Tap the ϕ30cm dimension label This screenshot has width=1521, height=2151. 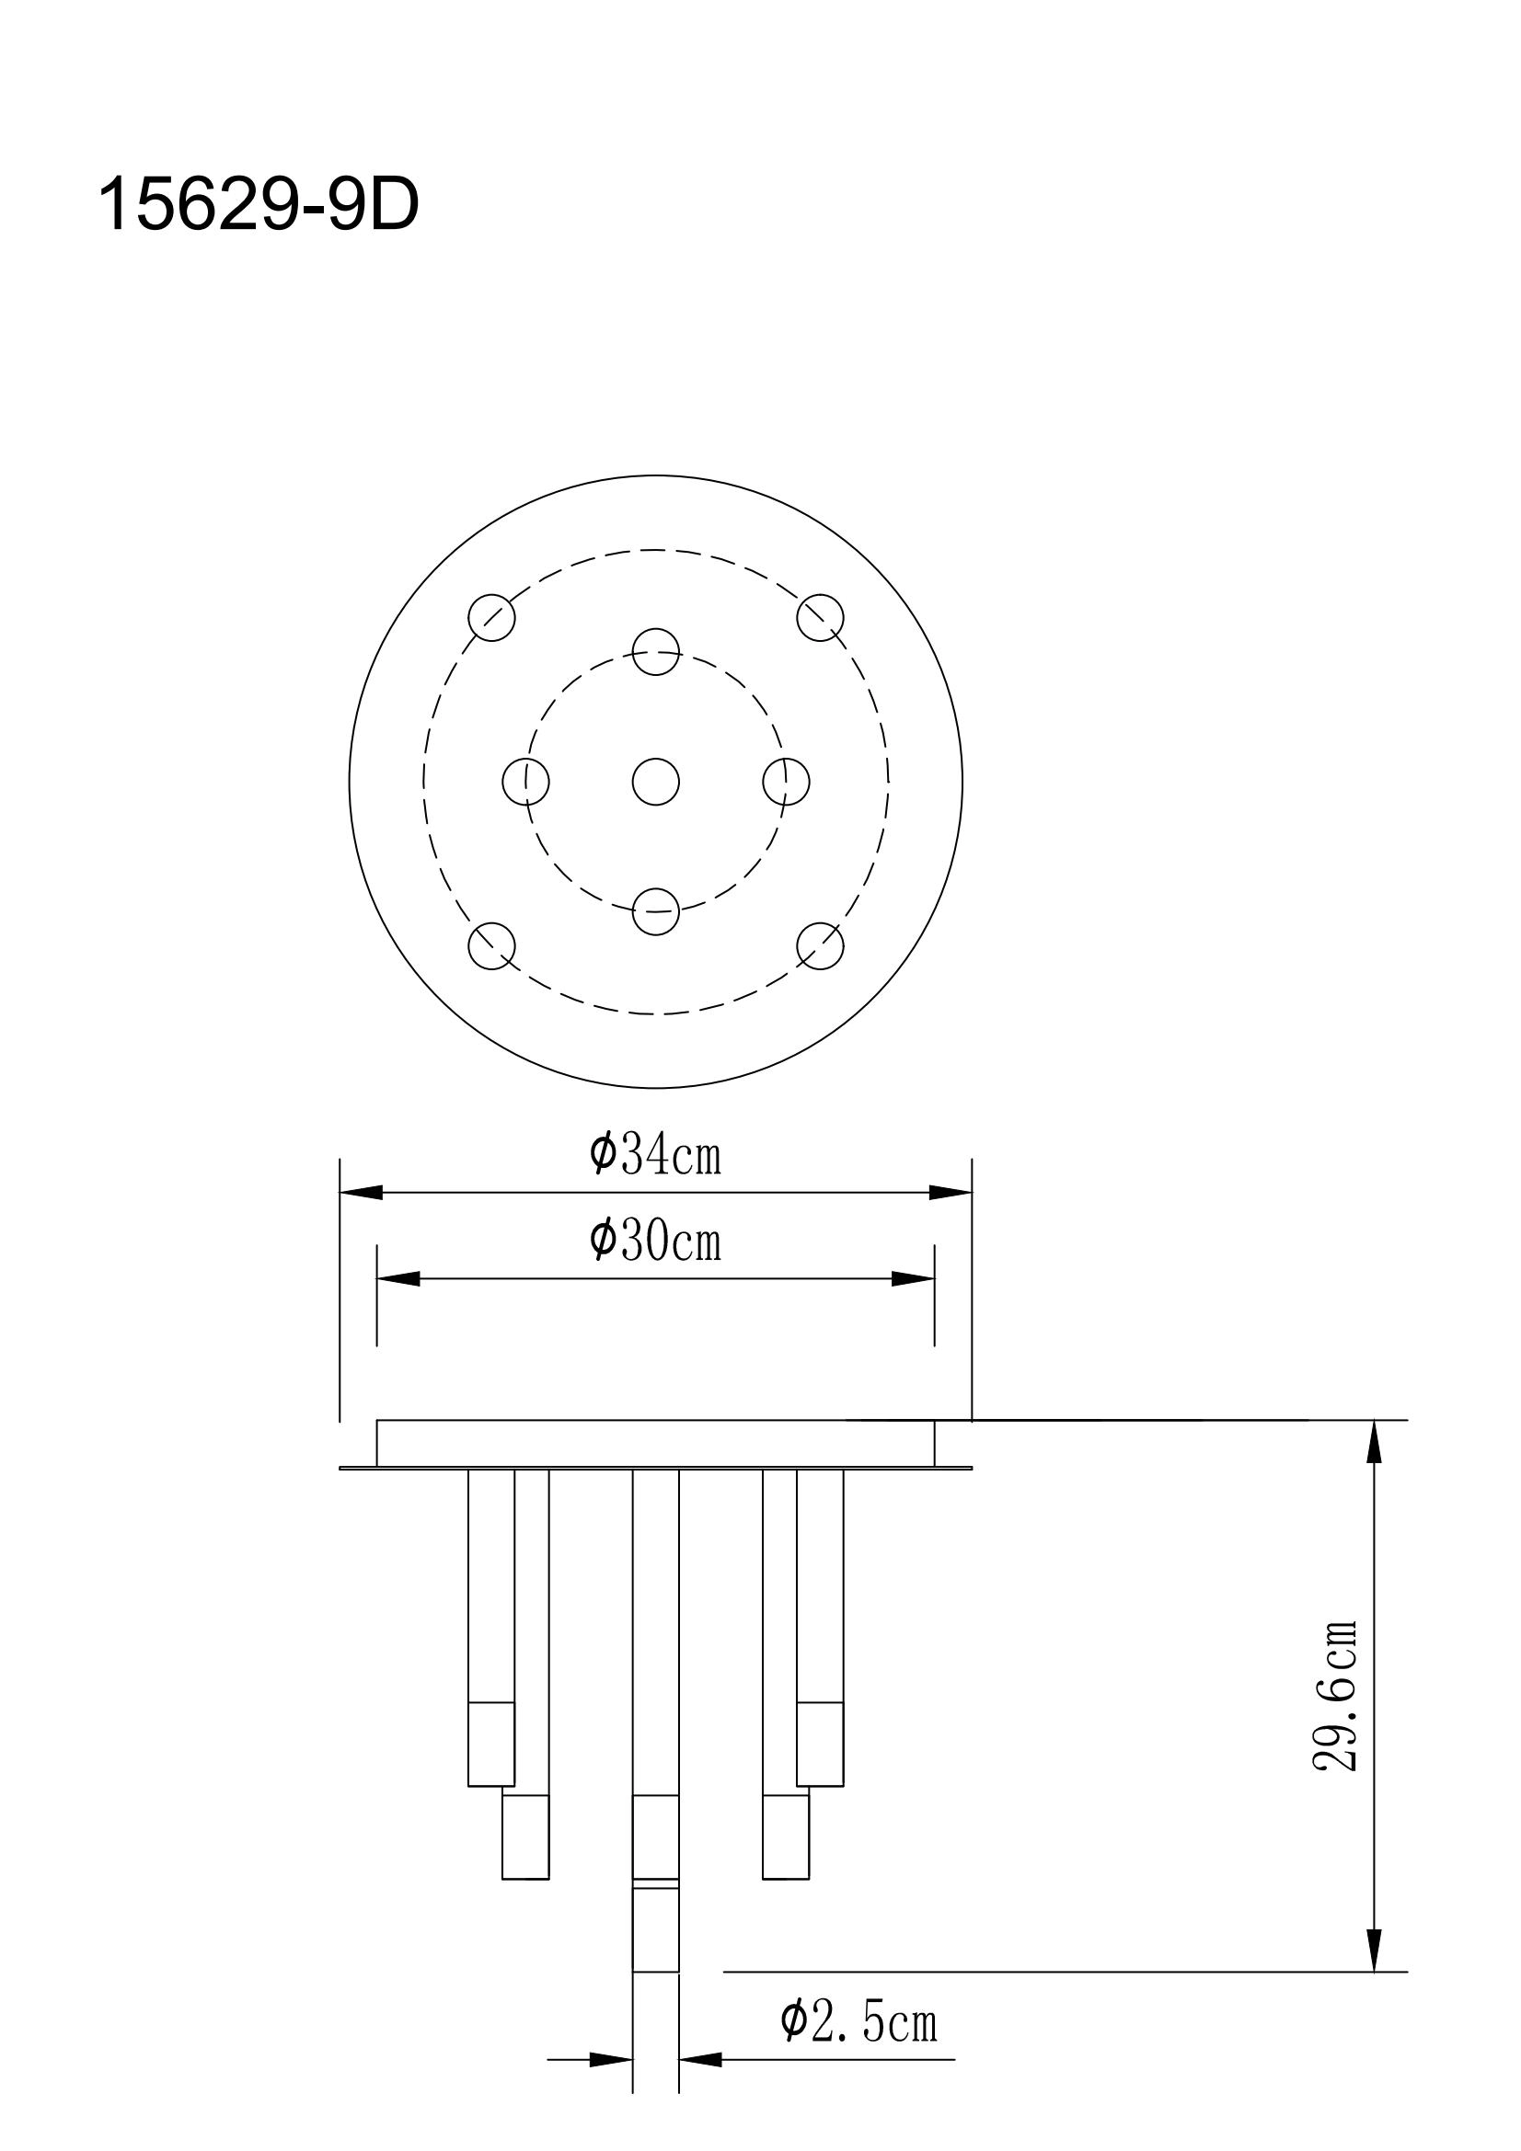point(655,1241)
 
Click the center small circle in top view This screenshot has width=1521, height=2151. point(655,782)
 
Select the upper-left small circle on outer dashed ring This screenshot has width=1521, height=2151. point(492,617)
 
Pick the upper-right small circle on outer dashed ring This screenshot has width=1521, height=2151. point(820,617)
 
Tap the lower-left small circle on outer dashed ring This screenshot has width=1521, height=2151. point(492,945)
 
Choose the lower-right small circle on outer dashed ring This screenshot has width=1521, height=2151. point(820,945)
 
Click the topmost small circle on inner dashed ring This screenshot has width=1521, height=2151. point(655,651)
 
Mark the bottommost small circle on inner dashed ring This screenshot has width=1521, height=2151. point(655,911)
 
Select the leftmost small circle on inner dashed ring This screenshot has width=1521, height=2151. point(525,782)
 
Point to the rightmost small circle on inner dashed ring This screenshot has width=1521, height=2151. point(785,782)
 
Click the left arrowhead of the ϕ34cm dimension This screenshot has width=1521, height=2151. point(362,1193)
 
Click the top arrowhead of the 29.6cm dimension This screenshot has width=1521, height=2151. point(1374,1443)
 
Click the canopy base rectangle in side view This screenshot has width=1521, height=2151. point(655,1443)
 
